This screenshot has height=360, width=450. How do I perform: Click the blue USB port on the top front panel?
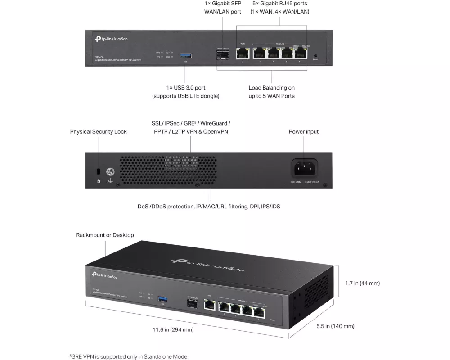pyautogui.click(x=185, y=55)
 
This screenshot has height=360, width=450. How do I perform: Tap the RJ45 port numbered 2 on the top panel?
pyautogui.click(x=243, y=53)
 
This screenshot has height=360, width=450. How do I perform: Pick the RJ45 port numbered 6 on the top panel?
pyautogui.click(x=300, y=53)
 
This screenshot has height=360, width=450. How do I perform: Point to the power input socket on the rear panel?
pyautogui.click(x=305, y=169)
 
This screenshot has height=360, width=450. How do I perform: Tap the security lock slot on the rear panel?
pyautogui.click(x=99, y=171)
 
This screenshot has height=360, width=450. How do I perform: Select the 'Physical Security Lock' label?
pyautogui.click(x=98, y=132)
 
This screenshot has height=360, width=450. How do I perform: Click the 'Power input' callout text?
pyautogui.click(x=303, y=132)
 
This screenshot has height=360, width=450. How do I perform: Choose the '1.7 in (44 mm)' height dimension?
pyautogui.click(x=362, y=283)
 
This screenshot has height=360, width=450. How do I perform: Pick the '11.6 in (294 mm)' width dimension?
pyautogui.click(x=173, y=329)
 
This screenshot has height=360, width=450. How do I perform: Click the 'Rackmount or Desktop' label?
pyautogui.click(x=105, y=235)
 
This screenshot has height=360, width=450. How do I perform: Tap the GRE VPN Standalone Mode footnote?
pyautogui.click(x=129, y=356)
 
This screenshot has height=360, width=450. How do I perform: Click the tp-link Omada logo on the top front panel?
pyautogui.click(x=111, y=39)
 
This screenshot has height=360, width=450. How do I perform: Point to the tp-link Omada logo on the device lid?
pyautogui.click(x=207, y=265)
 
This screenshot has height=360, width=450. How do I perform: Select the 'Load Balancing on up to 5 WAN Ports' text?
pyautogui.click(x=271, y=92)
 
